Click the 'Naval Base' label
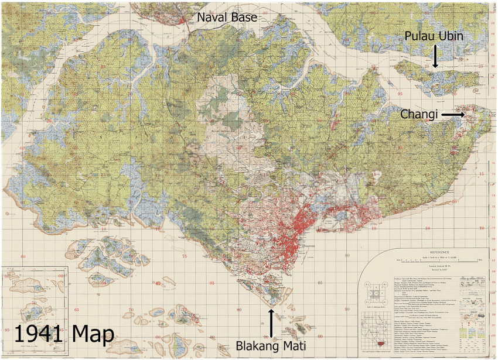tap(226, 18)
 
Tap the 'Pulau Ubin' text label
tap(434, 36)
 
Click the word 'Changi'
tap(419, 115)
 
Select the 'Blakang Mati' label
tap(271, 345)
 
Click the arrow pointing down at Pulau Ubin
tap(435, 57)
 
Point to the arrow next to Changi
tap(452, 115)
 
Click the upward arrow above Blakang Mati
tap(271, 321)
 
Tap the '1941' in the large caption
tap(39, 334)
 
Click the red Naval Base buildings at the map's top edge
tap(186, 18)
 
